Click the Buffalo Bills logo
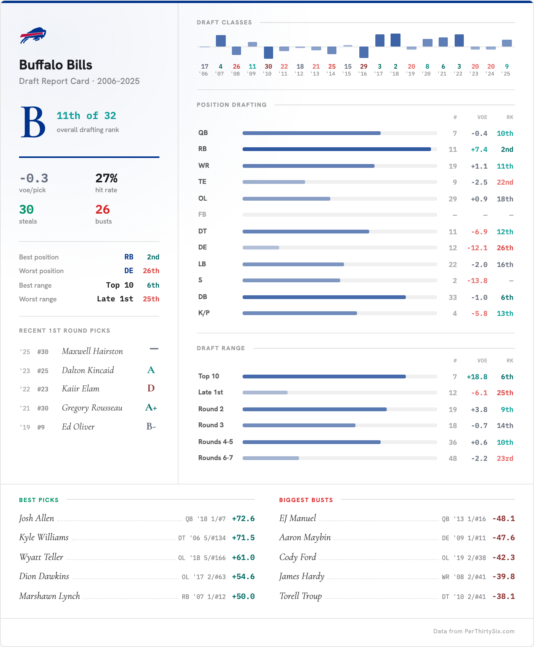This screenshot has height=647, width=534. (33, 35)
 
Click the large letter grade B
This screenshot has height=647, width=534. (33, 122)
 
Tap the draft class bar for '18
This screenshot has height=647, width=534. (396, 40)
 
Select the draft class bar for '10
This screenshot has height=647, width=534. (269, 53)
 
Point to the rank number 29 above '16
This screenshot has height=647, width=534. (364, 66)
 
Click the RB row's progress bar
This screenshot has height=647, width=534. (337, 149)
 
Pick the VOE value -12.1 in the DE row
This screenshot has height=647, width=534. (477, 248)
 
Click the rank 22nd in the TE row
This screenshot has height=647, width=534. (505, 182)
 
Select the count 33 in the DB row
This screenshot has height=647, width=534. (453, 298)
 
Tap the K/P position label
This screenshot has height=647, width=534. (204, 313)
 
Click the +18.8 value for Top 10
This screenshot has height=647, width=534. (477, 377)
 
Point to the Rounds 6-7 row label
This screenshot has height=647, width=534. (216, 458)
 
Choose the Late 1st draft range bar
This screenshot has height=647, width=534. (265, 393)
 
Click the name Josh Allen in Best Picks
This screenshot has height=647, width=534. (37, 518)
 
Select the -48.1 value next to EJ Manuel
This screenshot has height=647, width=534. (503, 519)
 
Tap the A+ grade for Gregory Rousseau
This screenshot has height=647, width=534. (151, 407)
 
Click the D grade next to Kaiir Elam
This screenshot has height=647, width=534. (151, 388)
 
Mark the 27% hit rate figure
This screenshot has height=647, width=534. (106, 178)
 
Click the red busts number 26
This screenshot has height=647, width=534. (103, 209)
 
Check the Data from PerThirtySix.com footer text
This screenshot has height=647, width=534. (474, 631)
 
